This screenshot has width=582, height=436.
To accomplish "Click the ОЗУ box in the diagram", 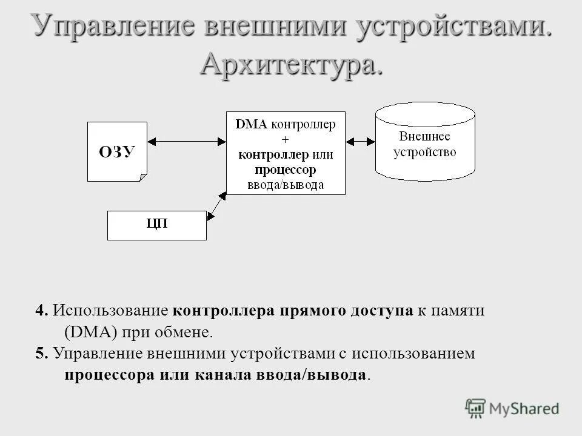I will (117, 151).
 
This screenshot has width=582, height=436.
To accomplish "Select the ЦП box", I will (157, 225).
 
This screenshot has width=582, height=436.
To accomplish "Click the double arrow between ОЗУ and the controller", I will (187, 141).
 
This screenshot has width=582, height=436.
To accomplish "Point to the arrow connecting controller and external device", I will (360, 141).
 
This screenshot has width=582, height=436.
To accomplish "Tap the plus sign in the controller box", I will (286, 139).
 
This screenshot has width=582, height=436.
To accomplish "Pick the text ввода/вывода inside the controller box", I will (286, 185).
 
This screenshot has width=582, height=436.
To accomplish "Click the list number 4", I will (41, 311).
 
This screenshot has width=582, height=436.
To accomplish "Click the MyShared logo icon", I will (476, 409).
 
